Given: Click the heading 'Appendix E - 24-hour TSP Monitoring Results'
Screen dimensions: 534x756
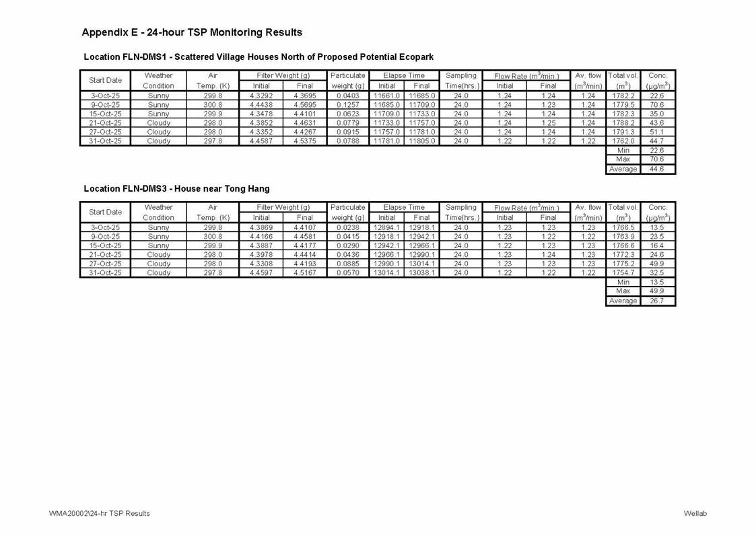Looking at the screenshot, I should point(192,32).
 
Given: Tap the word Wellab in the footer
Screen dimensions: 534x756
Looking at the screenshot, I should point(695,513).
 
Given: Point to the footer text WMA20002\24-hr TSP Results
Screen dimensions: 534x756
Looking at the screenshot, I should point(99,513).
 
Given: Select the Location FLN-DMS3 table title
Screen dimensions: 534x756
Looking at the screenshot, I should point(176,189).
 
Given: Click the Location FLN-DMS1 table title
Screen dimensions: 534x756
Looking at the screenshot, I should point(259,57).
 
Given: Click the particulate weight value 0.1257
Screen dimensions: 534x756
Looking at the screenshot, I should point(347,105).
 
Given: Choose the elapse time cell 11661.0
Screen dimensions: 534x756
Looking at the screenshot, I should point(387,96).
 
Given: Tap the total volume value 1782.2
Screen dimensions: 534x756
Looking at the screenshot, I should point(623,96).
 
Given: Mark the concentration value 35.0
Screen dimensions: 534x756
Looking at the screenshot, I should point(656,114).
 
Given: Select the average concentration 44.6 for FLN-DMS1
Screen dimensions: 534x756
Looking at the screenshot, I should point(656,169).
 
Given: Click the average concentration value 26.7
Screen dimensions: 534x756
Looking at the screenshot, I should point(656,301).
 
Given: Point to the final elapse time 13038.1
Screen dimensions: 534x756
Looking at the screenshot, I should point(421,273).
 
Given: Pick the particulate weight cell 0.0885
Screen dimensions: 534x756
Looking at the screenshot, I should point(347,264).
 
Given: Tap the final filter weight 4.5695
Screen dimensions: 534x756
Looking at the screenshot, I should point(304,105).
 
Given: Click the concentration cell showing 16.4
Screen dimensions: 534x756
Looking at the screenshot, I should point(656,246).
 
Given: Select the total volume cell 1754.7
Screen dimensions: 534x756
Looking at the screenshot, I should point(623,273).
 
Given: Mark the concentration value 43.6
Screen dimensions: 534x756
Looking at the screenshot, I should point(656,123).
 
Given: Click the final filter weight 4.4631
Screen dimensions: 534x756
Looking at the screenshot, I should point(304,123).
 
